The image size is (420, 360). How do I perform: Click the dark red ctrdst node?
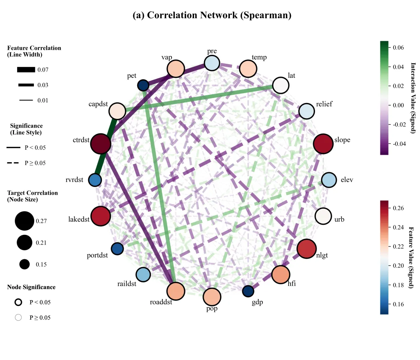click(x=101, y=144)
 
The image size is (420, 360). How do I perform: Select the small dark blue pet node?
click(x=143, y=86)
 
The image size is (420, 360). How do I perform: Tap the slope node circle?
click(x=323, y=143)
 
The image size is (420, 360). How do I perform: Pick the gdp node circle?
click(x=248, y=291)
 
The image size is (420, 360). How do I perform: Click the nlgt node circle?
click(x=306, y=248)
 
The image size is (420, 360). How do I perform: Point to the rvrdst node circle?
click(x=95, y=180)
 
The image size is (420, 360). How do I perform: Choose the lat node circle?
click(x=281, y=86)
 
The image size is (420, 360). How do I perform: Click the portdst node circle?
click(x=117, y=248)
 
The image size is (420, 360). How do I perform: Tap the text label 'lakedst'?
click(x=79, y=219)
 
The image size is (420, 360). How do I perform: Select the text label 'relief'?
click(x=324, y=104)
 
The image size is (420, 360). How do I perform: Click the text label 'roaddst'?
click(x=161, y=302)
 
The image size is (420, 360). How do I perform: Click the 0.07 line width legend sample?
click(x=26, y=70)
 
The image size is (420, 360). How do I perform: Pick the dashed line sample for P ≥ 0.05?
click(x=13, y=163)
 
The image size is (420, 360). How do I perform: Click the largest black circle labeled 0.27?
click(x=24, y=221)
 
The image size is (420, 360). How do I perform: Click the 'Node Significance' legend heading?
click(x=31, y=287)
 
